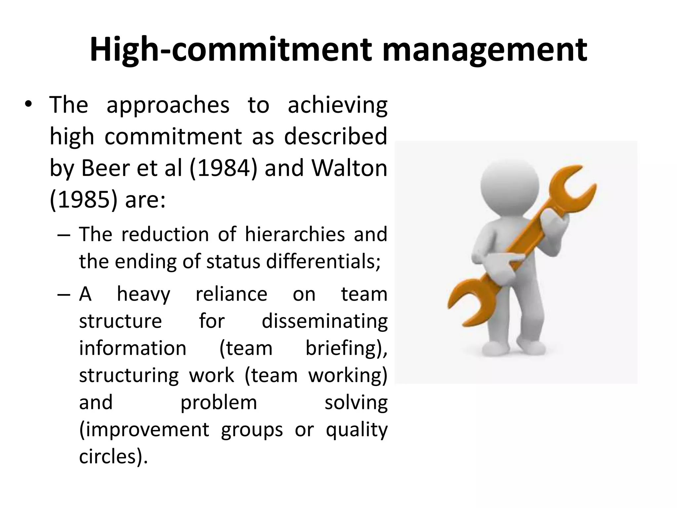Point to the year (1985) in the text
click(83, 200)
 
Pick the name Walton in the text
click(350, 168)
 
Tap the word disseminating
click(325, 321)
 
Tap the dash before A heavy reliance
click(63, 295)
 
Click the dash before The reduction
click(63, 235)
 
